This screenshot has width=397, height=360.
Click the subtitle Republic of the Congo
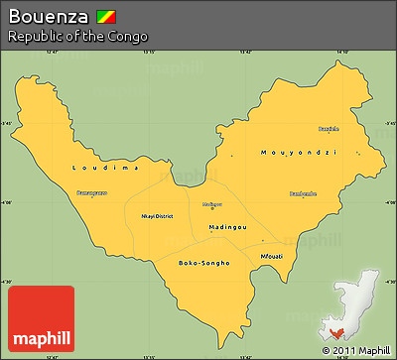(77, 37)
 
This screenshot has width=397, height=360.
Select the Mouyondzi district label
(298, 152)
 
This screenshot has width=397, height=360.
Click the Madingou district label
(227, 226)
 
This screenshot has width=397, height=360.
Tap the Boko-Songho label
(203, 262)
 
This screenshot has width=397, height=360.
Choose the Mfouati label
(271, 256)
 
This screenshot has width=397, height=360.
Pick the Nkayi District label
(158, 215)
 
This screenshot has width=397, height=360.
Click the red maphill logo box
(41, 317)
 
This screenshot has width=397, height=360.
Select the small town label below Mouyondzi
(303, 193)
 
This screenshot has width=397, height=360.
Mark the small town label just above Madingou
(211, 204)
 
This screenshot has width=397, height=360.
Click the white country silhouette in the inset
(359, 298)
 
